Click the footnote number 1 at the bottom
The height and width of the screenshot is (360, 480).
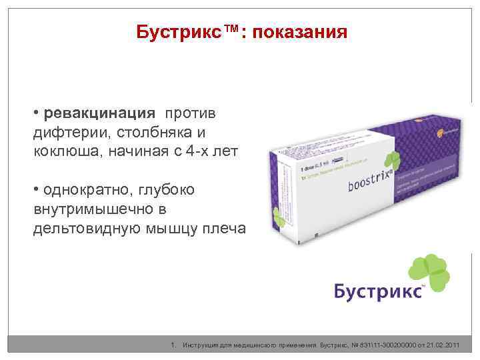pos(174,345)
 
